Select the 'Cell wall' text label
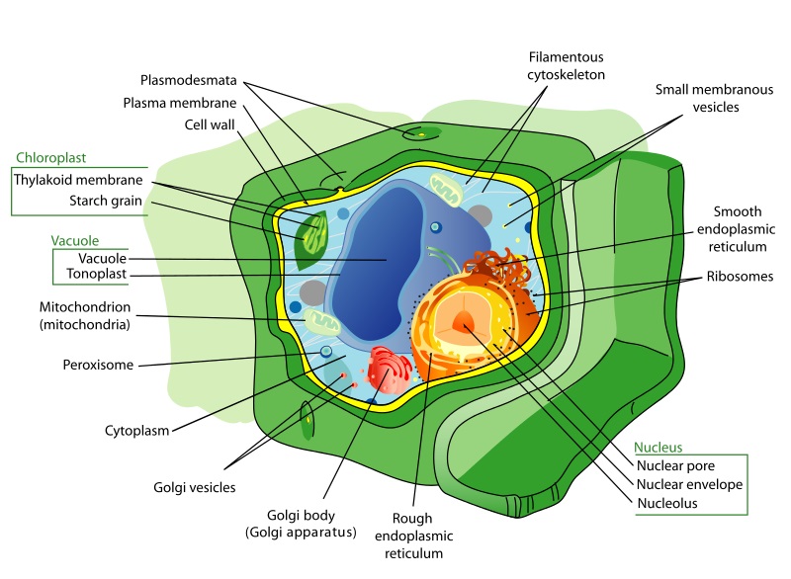(209, 125)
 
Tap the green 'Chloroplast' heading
(49, 157)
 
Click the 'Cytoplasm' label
(137, 431)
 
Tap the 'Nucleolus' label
(667, 504)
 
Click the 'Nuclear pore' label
(675, 465)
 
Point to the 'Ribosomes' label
(738, 277)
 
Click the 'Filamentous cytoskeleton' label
(568, 65)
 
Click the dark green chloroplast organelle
(312, 238)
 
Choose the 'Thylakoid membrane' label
(78, 181)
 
